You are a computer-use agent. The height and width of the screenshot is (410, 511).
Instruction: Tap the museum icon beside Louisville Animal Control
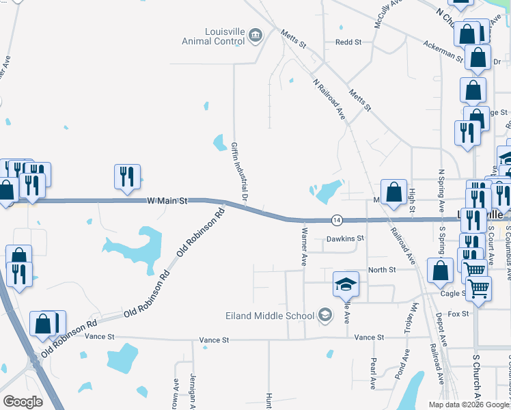(x=255, y=36)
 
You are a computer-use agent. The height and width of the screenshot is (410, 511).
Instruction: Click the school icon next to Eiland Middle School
(x=325, y=315)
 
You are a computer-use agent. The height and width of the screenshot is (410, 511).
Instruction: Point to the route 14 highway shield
(x=337, y=220)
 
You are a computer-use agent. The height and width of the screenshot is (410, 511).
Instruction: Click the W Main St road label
(x=167, y=202)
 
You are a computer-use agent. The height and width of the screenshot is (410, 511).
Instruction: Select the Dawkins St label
(x=346, y=239)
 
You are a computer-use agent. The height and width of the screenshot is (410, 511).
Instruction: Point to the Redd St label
(x=348, y=42)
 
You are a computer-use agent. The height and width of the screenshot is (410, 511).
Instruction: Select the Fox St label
(x=460, y=314)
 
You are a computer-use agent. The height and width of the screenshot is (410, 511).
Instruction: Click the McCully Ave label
(x=381, y=14)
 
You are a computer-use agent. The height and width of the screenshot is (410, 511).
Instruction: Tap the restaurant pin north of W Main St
(x=128, y=178)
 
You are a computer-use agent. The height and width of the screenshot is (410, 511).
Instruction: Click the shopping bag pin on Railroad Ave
(x=394, y=193)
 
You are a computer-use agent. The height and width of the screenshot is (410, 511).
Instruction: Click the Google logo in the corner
(x=23, y=401)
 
